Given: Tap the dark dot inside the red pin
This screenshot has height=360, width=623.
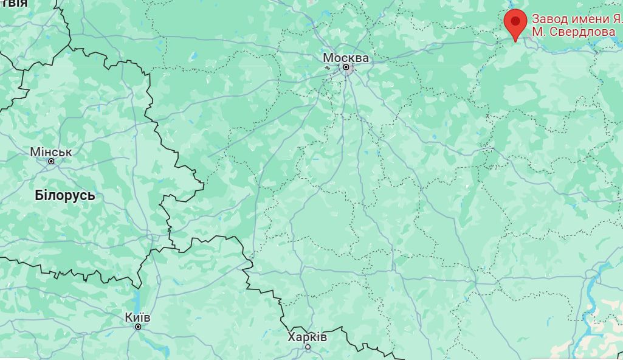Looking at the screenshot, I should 515,21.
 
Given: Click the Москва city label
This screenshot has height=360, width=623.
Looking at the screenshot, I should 346,58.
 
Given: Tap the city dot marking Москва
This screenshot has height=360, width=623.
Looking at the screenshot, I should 346,67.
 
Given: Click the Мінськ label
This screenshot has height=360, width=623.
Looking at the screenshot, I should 51,152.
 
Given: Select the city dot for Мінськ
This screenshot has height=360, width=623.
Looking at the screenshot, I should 51,161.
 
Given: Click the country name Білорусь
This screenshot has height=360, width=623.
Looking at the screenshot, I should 65,196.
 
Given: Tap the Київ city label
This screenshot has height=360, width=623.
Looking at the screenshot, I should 137,317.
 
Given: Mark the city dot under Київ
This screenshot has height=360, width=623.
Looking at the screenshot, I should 138,327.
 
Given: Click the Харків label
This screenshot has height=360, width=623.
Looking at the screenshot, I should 308,337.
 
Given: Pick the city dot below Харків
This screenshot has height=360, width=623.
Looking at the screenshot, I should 308,347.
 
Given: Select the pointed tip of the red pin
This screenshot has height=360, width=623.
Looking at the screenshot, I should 515,41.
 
